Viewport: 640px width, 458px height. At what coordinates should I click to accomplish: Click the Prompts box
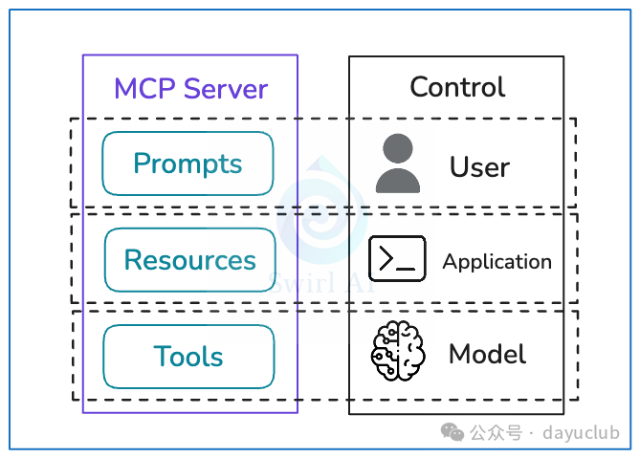click(188, 164)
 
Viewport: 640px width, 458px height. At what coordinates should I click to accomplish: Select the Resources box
click(189, 260)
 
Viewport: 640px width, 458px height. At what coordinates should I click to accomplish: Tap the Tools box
click(188, 357)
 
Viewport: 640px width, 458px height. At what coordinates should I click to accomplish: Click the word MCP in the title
click(141, 89)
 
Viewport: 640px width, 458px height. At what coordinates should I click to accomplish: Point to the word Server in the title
click(226, 89)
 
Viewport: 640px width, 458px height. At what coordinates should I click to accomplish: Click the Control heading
click(456, 87)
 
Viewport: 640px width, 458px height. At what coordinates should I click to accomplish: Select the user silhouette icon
click(397, 164)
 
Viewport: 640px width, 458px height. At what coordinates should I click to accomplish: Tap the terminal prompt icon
click(397, 259)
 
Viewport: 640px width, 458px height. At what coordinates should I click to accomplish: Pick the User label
click(479, 167)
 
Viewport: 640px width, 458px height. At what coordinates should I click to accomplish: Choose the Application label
click(497, 261)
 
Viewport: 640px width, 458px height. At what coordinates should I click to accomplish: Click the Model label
click(487, 355)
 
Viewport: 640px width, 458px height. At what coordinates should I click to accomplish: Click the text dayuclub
click(581, 433)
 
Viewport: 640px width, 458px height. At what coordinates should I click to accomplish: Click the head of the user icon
click(397, 149)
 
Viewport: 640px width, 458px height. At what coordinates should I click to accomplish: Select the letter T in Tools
click(162, 357)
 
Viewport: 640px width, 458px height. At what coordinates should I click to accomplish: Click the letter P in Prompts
click(142, 164)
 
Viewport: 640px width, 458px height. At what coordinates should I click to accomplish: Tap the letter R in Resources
click(133, 260)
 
